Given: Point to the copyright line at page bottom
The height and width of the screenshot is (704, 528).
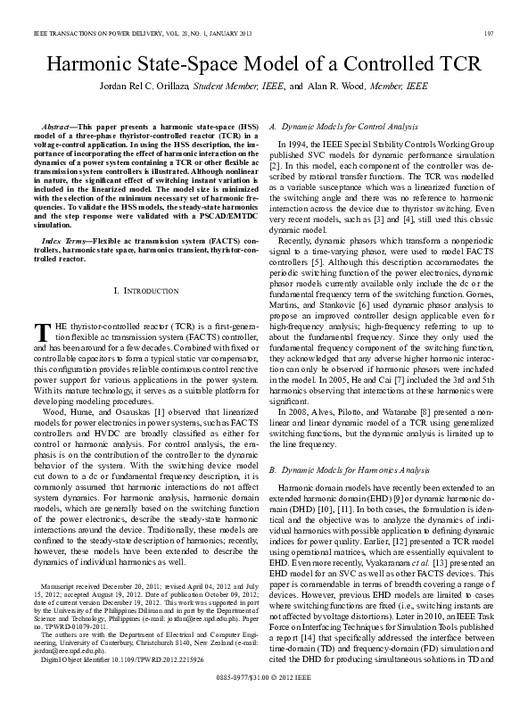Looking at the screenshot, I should coord(264,679).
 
